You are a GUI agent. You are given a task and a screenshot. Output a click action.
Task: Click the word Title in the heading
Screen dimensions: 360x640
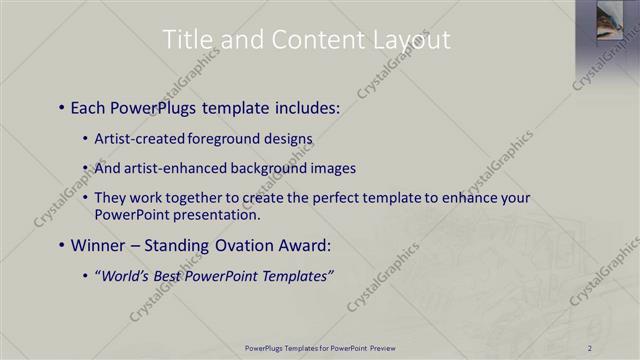tap(187, 39)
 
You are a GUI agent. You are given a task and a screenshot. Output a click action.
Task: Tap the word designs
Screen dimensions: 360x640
tap(287, 139)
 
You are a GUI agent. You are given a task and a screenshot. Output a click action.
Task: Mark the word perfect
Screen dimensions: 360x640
tap(353, 198)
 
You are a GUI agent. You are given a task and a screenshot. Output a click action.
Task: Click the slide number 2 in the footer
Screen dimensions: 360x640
tap(589, 347)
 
